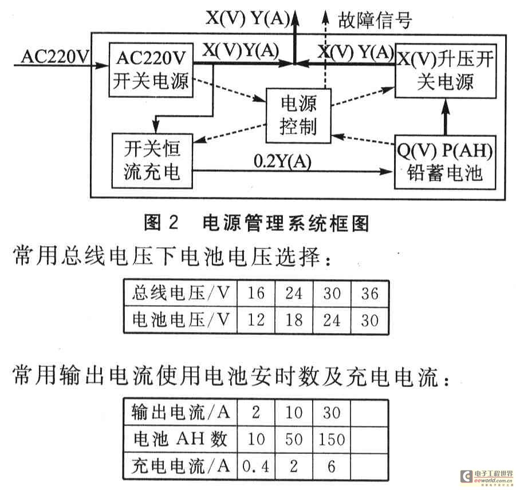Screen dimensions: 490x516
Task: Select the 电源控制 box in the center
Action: (x=298, y=116)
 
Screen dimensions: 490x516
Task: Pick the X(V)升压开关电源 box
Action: (x=444, y=71)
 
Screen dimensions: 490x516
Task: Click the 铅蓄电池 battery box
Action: (x=444, y=163)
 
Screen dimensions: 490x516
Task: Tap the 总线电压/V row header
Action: (x=180, y=293)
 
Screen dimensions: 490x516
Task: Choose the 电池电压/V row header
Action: (x=180, y=319)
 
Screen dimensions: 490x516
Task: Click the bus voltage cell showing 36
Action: (x=370, y=293)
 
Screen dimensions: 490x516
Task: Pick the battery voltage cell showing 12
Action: (x=256, y=319)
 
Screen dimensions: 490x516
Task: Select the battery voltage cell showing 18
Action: (x=294, y=319)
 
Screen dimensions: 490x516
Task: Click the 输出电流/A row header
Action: (x=180, y=412)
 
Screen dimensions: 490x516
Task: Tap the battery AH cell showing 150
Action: (x=332, y=439)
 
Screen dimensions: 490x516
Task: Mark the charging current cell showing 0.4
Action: (x=256, y=466)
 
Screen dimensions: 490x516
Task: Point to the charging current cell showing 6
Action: (x=332, y=466)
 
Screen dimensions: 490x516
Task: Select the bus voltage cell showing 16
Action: (x=256, y=293)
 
